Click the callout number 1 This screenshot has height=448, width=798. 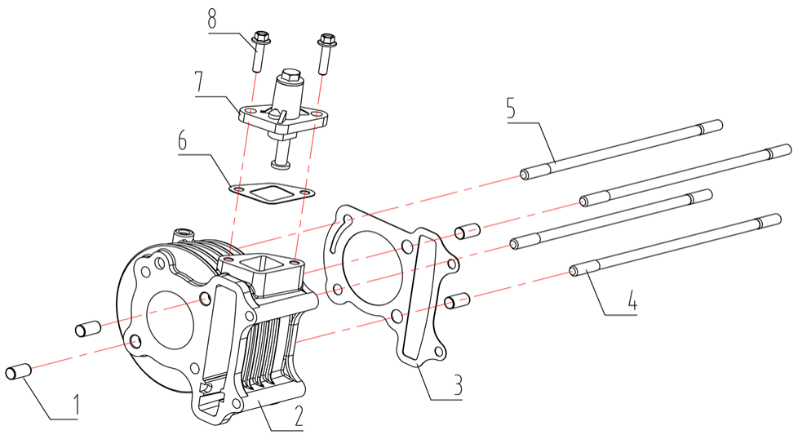(75, 406)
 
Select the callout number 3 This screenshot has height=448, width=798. (458, 386)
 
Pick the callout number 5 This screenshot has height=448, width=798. (512, 109)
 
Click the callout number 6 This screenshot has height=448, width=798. (182, 140)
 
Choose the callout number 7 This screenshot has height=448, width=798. (198, 83)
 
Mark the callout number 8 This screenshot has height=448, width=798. (212, 20)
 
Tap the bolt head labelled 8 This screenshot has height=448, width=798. (261, 38)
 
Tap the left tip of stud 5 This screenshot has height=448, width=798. (523, 175)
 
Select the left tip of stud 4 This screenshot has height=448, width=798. (574, 271)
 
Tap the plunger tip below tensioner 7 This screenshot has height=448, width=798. (279, 163)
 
